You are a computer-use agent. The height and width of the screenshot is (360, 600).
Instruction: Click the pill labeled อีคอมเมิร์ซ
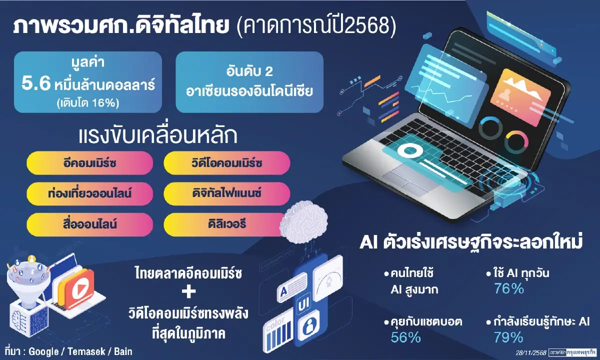point(90,163)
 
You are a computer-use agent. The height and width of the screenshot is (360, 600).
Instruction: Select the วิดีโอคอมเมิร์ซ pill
point(227,163)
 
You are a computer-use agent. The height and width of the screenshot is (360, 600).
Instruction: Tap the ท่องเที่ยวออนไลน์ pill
point(90,193)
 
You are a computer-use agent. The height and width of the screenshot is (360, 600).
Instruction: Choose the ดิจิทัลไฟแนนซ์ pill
point(227,193)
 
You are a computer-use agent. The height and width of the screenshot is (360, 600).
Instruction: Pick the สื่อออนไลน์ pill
point(90,223)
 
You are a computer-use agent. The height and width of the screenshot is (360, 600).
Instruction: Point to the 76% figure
point(508,288)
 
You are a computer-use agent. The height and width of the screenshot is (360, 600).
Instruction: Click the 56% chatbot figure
point(405,337)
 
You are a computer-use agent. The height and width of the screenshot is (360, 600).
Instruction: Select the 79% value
point(508,337)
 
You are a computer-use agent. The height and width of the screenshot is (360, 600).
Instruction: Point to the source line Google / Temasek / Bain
point(80,351)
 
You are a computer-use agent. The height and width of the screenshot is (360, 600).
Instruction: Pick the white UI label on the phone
point(303,303)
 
